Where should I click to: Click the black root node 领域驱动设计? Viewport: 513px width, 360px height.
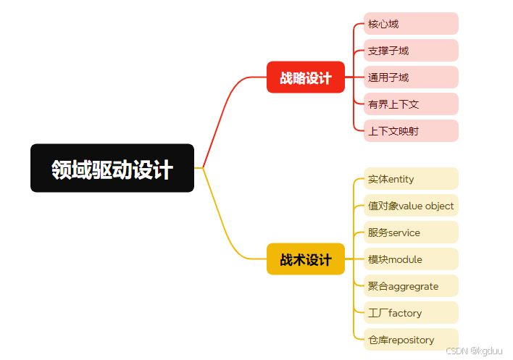(112, 168)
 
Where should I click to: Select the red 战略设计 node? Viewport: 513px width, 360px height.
(306, 78)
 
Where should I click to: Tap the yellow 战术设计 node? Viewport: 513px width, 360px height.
(306, 259)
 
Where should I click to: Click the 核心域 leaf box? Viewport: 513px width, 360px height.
(411, 24)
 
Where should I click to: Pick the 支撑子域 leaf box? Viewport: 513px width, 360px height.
(411, 51)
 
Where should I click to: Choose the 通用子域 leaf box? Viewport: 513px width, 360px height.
(411, 78)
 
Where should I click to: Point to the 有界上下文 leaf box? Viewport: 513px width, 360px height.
(411, 104)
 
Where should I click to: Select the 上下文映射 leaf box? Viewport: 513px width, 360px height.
(411, 131)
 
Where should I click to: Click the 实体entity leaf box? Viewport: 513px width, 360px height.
(411, 179)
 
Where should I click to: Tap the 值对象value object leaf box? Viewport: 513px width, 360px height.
(411, 206)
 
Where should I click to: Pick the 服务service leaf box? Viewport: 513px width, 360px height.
(411, 233)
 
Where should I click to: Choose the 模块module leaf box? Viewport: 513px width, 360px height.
(411, 259)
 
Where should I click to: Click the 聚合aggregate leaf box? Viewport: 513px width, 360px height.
(411, 286)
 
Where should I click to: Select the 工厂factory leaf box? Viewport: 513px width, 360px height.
(411, 313)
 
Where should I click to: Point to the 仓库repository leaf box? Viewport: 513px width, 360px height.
(411, 340)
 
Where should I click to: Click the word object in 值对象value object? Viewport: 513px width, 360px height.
(439, 206)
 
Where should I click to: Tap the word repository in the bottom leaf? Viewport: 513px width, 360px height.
(412, 340)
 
